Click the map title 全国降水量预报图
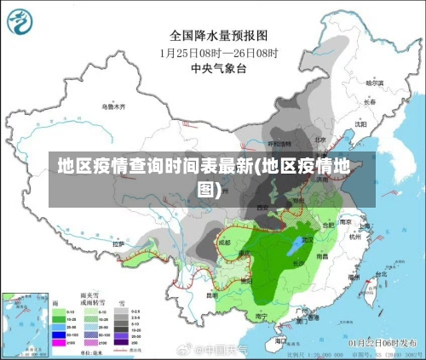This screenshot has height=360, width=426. [218, 36]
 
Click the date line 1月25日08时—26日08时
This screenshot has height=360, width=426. [218, 52]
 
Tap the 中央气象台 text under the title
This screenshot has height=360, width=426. [218, 67]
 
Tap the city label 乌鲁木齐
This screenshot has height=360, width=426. [112, 107]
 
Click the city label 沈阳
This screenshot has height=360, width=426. [360, 123]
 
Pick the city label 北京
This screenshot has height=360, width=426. [319, 140]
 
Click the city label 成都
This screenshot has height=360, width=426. [224, 242]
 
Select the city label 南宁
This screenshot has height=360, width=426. [262, 316]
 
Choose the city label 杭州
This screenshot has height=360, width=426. [355, 237]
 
